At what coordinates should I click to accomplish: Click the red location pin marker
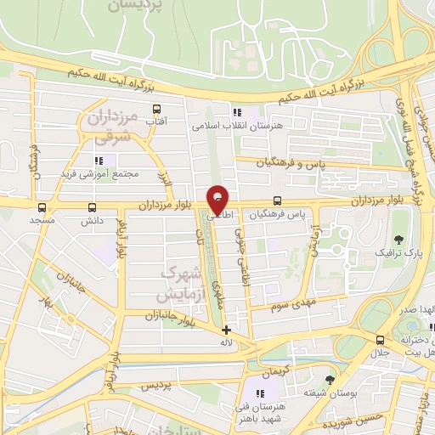[x=217, y=200]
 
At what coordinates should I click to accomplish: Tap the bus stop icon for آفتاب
[x=155, y=110]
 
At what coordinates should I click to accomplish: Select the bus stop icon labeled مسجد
[x=42, y=207]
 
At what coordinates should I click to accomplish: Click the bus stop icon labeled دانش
[x=92, y=207]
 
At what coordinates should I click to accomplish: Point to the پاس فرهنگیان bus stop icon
[x=278, y=201]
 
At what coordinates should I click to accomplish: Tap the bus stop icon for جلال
[x=380, y=339]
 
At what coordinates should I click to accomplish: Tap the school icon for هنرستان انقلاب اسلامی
[x=237, y=112]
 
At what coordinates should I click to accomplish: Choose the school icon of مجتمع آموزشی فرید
[x=99, y=160]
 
